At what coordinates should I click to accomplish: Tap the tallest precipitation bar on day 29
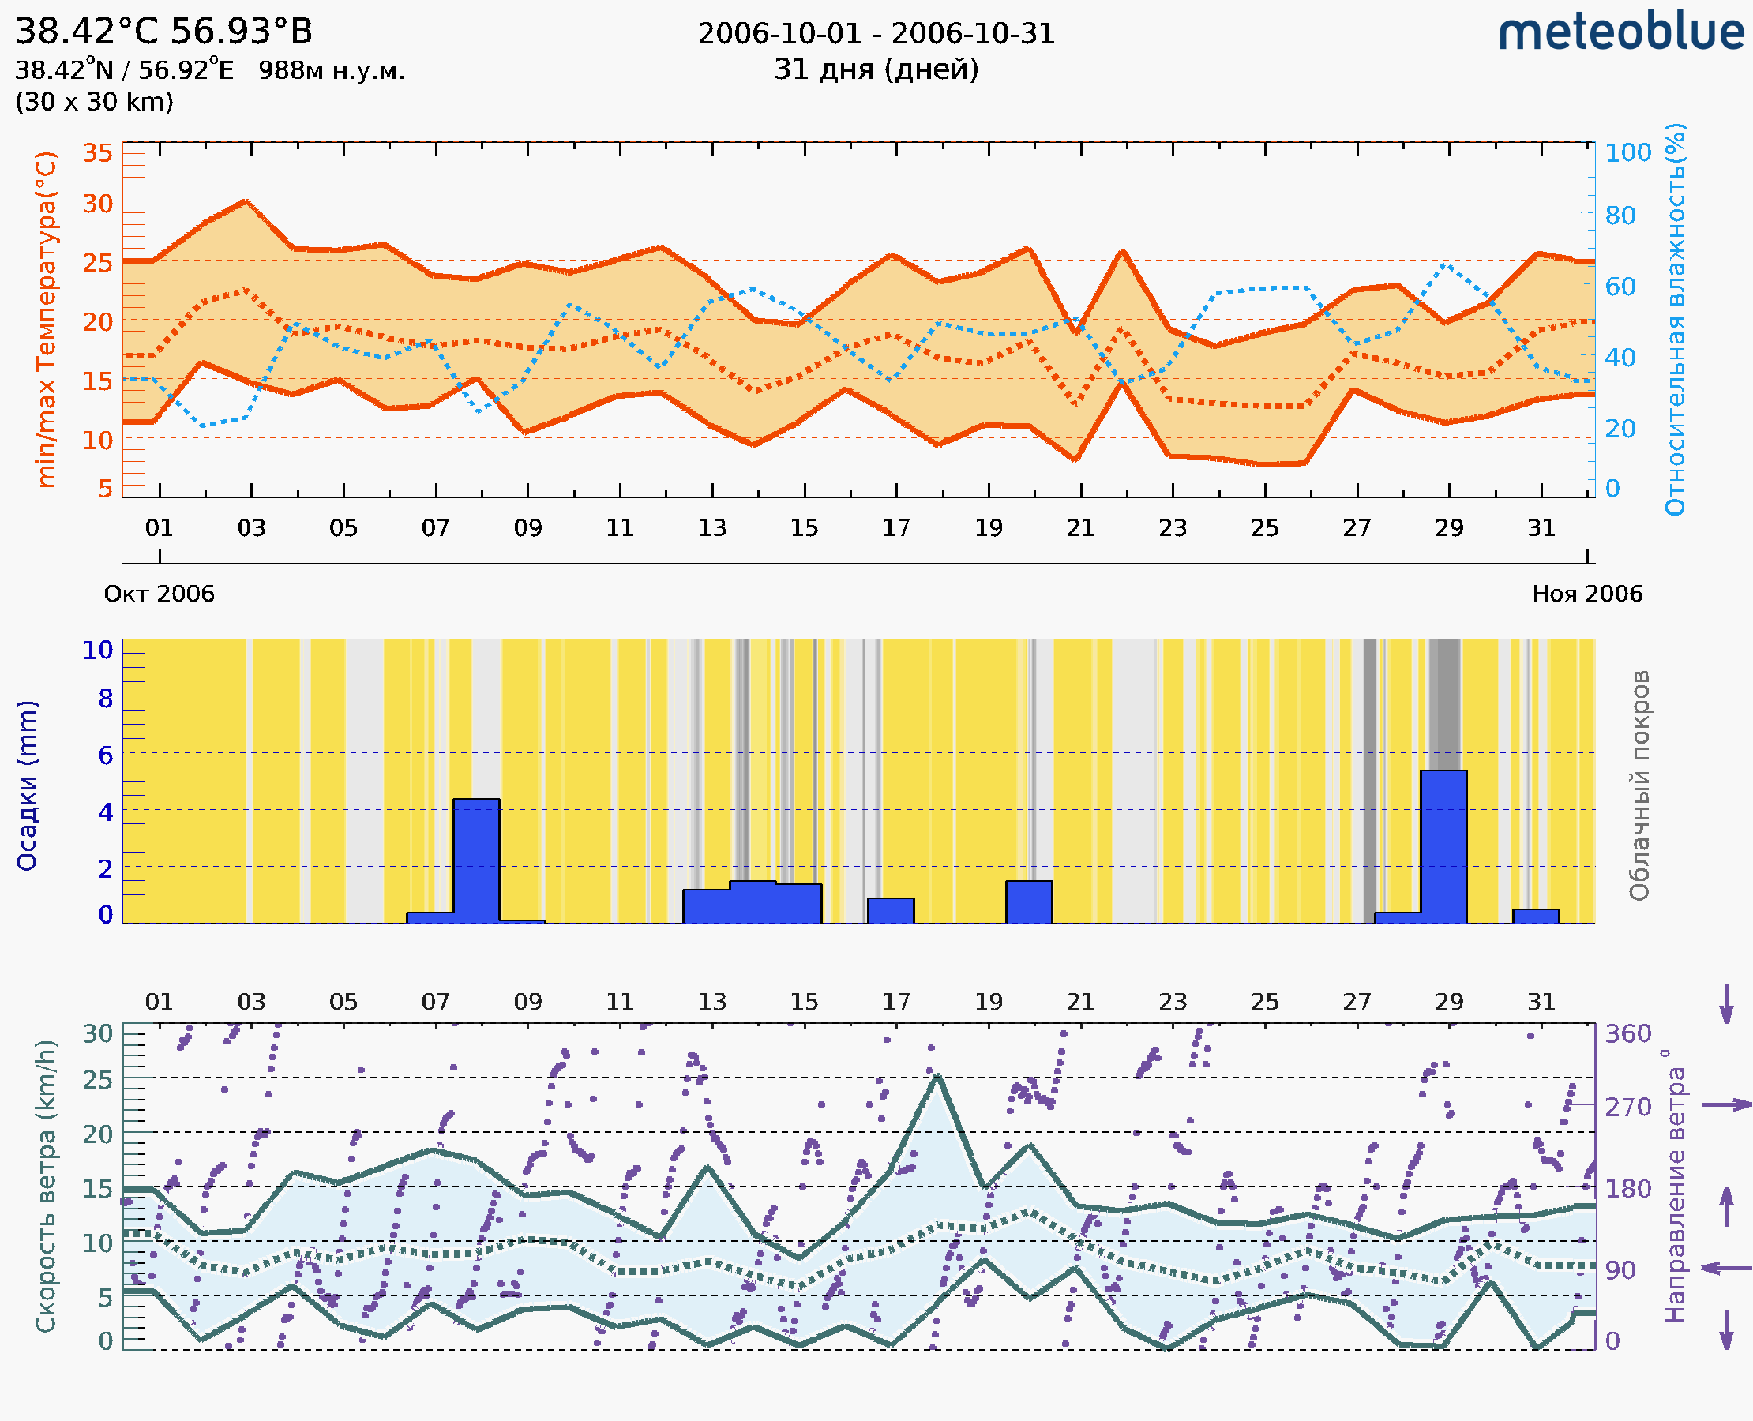click(x=1443, y=846)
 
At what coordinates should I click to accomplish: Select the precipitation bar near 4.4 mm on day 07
click(x=475, y=860)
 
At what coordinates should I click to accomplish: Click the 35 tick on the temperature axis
click(x=97, y=153)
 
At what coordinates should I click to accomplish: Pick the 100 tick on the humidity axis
click(x=1627, y=153)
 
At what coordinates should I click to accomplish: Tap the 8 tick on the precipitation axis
click(x=105, y=698)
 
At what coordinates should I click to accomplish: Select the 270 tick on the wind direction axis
click(x=1627, y=1107)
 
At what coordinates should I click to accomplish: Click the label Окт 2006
click(x=159, y=594)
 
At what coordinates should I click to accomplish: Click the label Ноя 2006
click(x=1587, y=594)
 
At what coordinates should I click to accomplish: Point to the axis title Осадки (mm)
click(x=27, y=785)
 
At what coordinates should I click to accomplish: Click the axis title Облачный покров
click(x=1639, y=785)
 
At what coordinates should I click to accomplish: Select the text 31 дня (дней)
click(x=876, y=69)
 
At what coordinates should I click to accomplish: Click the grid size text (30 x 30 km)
click(x=94, y=102)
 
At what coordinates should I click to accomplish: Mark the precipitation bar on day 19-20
click(x=1028, y=902)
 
